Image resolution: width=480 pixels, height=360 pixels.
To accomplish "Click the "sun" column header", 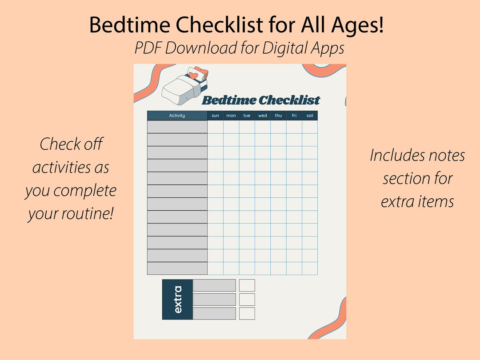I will pos(216,116).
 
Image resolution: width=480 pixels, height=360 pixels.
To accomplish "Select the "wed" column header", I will pos(263,116).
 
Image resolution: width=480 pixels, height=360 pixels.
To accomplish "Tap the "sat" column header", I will pos(310,116).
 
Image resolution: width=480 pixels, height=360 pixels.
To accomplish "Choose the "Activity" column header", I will pos(177,116).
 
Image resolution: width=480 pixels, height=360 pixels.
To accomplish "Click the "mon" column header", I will pos(231,116).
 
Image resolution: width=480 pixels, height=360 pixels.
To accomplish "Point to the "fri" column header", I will pos(294,116).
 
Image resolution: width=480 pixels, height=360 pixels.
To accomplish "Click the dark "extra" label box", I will pos(177,299).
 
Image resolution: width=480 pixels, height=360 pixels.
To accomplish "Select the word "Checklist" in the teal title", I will pos(289,100).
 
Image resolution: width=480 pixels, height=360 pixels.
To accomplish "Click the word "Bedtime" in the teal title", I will pos(229,100).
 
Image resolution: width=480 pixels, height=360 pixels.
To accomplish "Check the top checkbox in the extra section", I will pos(247,285).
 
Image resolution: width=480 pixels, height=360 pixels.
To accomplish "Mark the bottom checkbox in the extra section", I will pos(247,313).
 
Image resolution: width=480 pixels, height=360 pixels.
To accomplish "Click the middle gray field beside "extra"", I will pos(214,299).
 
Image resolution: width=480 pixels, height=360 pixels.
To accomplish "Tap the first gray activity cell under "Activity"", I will pos(177,127).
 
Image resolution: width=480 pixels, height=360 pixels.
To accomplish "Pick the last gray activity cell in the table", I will pos(177,268).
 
